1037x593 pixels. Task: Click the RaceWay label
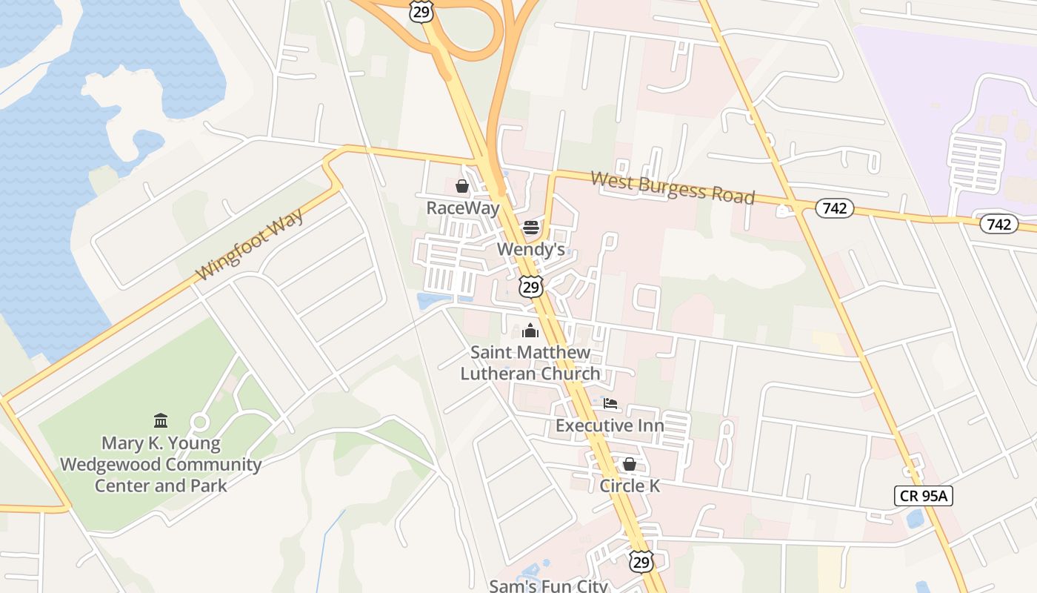463,208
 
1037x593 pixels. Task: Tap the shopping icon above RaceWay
462,185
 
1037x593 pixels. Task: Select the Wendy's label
530,249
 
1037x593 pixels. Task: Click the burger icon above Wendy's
530,227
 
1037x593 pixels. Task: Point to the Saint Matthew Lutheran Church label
530,362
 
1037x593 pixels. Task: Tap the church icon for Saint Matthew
530,331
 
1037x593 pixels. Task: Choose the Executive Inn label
610,425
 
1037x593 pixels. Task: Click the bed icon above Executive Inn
610,404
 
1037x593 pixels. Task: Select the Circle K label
629,486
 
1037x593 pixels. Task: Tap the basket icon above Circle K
629,464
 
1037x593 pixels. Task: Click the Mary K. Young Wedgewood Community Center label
161,465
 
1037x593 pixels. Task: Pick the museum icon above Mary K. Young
161,421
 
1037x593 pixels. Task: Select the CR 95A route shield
923,496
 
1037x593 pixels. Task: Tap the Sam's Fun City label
548,586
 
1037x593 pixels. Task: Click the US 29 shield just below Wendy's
530,287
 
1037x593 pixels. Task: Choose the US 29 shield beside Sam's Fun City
641,561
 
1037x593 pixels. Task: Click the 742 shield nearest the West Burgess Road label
835,208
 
